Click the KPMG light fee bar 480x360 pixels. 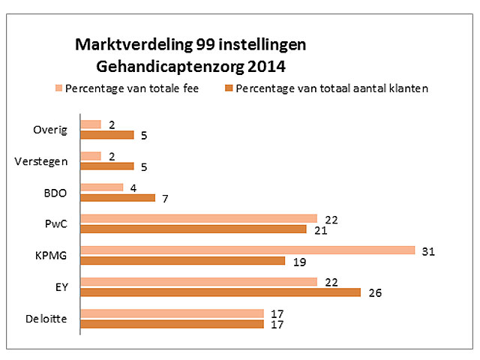click(x=247, y=250)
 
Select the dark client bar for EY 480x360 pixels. click(x=220, y=292)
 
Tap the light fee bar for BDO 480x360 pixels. click(x=101, y=187)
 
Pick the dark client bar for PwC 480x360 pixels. click(x=193, y=229)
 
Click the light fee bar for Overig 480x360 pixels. click(x=91, y=124)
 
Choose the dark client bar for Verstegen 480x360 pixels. click(x=106, y=166)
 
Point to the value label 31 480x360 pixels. click(x=429, y=250)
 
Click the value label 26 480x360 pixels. click(x=374, y=293)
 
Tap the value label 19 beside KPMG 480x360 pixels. click(x=298, y=261)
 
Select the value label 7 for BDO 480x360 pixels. click(x=164, y=198)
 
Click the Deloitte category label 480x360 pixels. click(x=47, y=319)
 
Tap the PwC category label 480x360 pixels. click(x=55, y=223)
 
